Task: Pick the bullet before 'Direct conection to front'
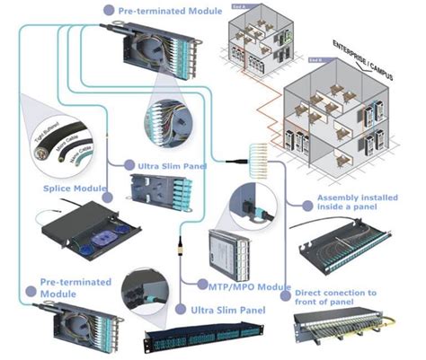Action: click(285, 294)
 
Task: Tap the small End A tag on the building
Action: click(237, 8)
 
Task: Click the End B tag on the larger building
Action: click(315, 60)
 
